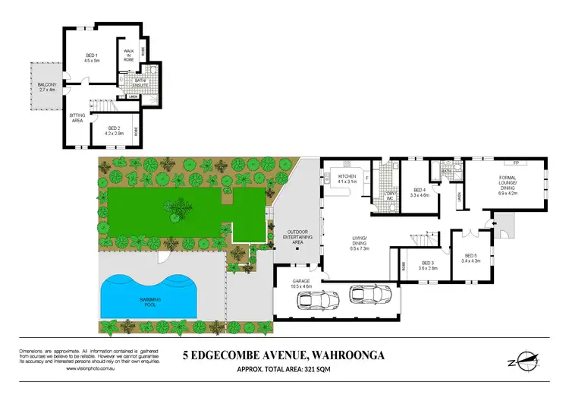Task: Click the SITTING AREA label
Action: click(77, 118)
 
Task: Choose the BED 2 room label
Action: click(114, 130)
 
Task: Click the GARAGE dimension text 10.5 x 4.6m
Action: click(302, 286)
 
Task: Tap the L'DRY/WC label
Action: click(392, 197)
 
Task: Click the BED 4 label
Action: click(420, 192)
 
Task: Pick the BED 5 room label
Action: click(470, 258)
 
